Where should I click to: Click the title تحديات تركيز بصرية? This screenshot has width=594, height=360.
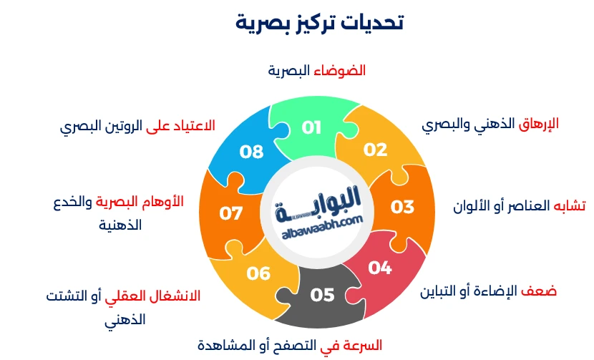[x=319, y=22]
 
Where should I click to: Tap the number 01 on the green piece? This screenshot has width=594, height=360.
[x=311, y=128]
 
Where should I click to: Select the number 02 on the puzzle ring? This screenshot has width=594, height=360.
[x=375, y=150]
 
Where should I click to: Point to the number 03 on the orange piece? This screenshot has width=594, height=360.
[x=402, y=207]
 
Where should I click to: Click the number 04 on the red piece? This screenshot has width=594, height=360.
[x=380, y=268]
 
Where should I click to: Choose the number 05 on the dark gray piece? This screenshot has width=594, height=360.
[x=322, y=294]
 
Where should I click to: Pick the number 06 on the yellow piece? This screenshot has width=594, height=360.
[x=258, y=273]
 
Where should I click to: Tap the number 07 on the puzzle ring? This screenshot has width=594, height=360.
[x=231, y=213]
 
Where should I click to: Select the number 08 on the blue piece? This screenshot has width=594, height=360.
[x=252, y=152]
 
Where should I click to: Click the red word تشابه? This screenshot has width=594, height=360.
[x=570, y=205]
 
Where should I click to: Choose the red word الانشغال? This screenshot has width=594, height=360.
[x=172, y=296]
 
